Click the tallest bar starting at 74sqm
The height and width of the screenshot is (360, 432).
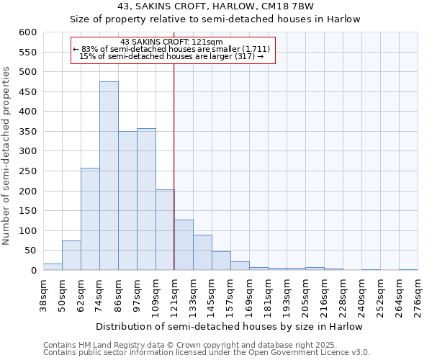(109, 176)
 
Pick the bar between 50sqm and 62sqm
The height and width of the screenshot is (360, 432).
(71, 255)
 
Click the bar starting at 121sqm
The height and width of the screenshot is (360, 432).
(184, 245)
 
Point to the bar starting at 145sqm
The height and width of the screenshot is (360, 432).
(221, 261)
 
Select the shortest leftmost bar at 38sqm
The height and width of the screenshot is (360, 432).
(53, 266)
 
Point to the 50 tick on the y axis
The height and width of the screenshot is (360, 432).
(30, 251)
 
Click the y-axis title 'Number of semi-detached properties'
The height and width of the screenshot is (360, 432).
(7, 156)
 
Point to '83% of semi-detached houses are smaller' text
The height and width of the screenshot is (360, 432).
(173, 49)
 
